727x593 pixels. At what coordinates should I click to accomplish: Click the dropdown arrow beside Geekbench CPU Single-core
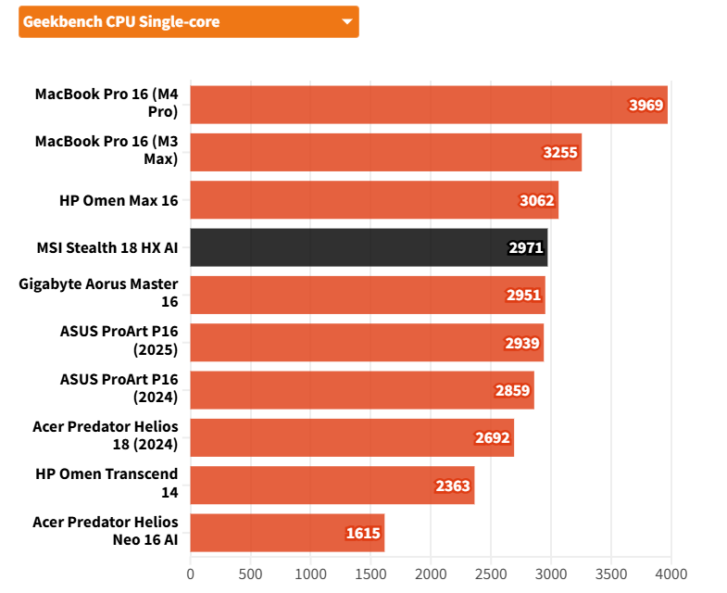(x=347, y=22)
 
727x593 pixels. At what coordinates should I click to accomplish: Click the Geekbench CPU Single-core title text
(x=121, y=22)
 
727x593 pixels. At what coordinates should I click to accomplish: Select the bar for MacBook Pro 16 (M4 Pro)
(x=429, y=105)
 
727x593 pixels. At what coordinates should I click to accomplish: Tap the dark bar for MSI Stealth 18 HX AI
(x=369, y=247)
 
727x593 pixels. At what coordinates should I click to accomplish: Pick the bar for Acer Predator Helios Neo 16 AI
(x=287, y=533)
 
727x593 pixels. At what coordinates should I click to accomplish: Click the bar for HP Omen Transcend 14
(x=332, y=486)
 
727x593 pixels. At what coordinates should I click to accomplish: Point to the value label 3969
(x=646, y=105)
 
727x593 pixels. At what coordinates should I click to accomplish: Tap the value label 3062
(x=537, y=200)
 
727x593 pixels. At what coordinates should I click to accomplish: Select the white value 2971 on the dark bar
(x=526, y=247)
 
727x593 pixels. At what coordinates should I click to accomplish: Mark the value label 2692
(x=493, y=437)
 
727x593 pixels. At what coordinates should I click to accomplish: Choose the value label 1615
(x=363, y=533)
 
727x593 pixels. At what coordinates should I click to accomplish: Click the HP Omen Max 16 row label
(x=118, y=200)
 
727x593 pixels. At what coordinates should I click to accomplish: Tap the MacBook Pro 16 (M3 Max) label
(x=107, y=152)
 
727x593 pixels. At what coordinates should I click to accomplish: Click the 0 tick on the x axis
(x=191, y=574)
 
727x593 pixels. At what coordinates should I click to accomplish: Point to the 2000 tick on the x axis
(x=431, y=574)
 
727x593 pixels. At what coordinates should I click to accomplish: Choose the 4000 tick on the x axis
(x=671, y=574)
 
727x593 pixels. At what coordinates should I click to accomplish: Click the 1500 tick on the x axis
(x=370, y=574)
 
